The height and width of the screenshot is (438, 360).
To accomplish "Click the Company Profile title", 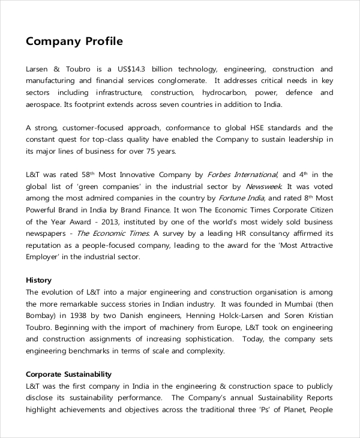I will tap(74, 42).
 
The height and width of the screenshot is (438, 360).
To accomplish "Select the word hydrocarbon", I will tap(222, 92).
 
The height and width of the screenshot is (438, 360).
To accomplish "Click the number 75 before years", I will tap(148, 151).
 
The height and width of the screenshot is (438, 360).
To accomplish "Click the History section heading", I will tap(39, 280).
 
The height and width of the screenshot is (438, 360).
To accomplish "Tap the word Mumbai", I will tap(298, 304).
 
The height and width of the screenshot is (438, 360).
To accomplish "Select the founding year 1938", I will tap(80, 316).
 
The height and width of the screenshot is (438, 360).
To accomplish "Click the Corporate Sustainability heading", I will tap(68, 374).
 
